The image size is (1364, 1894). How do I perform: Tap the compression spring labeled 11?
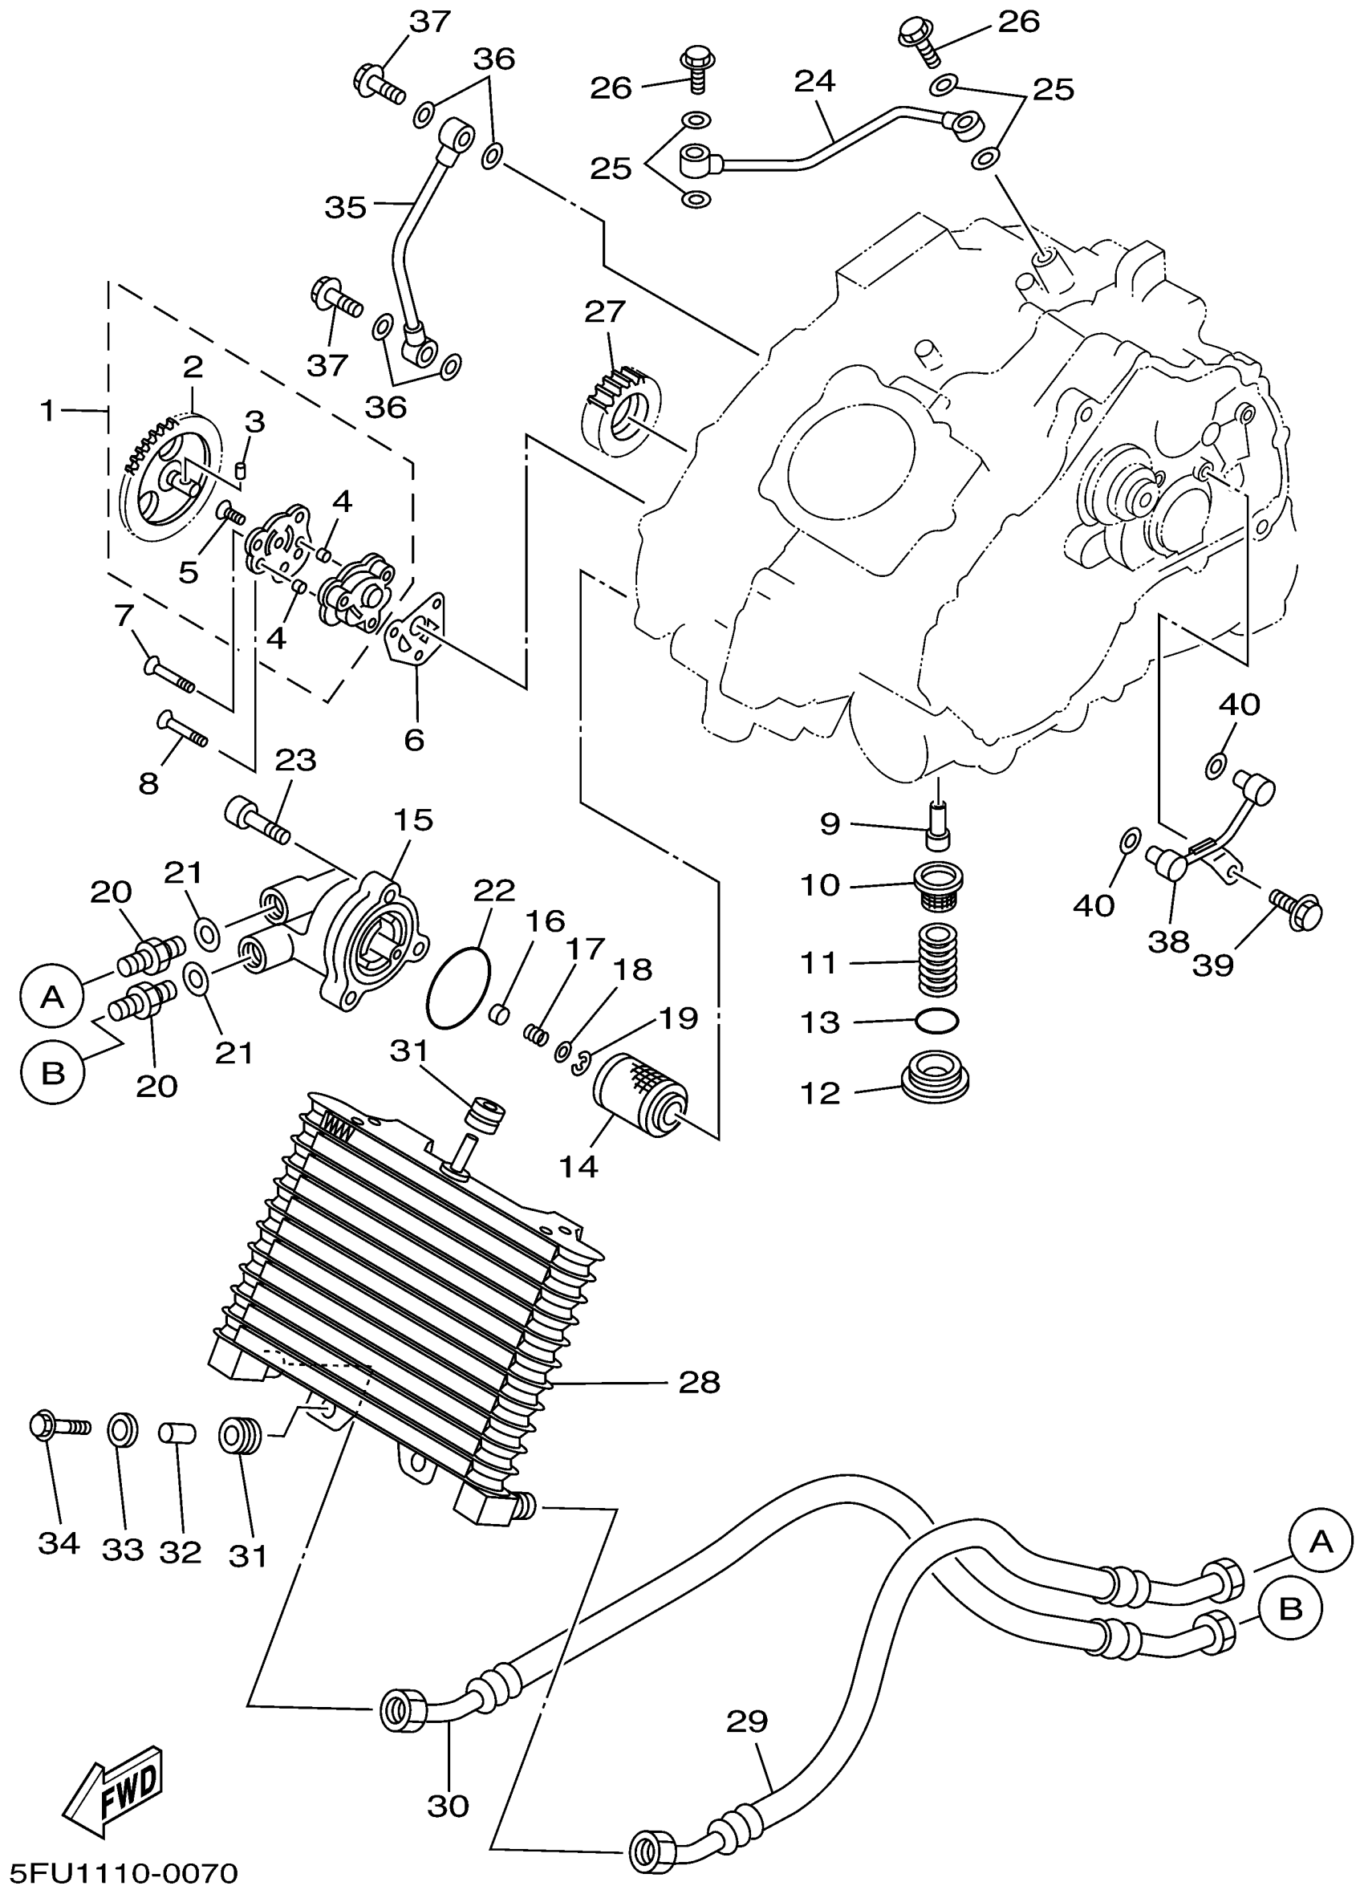click(x=939, y=961)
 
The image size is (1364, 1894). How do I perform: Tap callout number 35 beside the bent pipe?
click(x=346, y=206)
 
